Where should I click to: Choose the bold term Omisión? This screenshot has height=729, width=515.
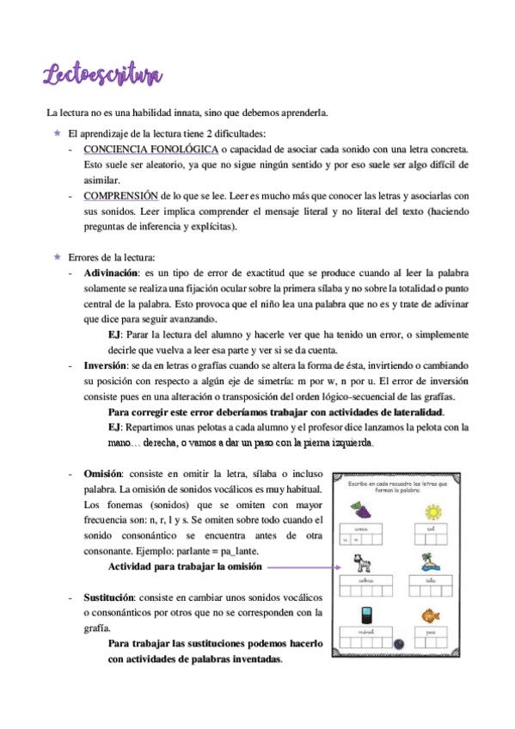103,474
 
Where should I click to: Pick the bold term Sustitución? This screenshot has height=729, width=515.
109,597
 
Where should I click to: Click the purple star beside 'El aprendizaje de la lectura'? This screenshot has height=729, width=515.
56,132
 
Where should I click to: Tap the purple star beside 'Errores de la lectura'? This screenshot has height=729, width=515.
56,257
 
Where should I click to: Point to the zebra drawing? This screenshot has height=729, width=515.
362,566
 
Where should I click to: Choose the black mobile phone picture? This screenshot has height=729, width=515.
364,618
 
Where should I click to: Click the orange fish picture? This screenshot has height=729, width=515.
432,617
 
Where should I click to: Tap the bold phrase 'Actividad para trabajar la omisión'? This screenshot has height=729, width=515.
183,567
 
